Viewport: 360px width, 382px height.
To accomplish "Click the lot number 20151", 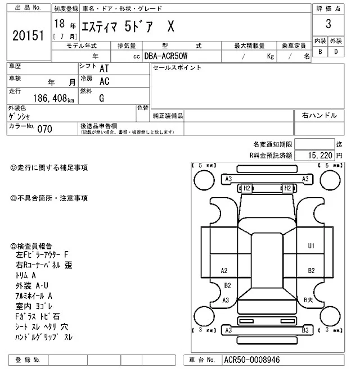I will point(28,35).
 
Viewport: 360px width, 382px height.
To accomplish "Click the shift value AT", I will point(104,68).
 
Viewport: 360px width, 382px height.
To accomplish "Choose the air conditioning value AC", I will point(104,81).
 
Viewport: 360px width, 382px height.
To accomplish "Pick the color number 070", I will point(44,129).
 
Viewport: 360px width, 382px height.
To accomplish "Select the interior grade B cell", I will point(320,52).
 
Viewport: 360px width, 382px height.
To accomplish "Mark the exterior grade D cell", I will point(336,52).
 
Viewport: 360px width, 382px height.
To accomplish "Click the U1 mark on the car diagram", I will point(310,245).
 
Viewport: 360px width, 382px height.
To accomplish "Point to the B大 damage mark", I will point(308,299).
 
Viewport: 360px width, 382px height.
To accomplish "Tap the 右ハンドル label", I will point(319,115).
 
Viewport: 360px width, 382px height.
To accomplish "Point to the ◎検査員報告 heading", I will point(31,246).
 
